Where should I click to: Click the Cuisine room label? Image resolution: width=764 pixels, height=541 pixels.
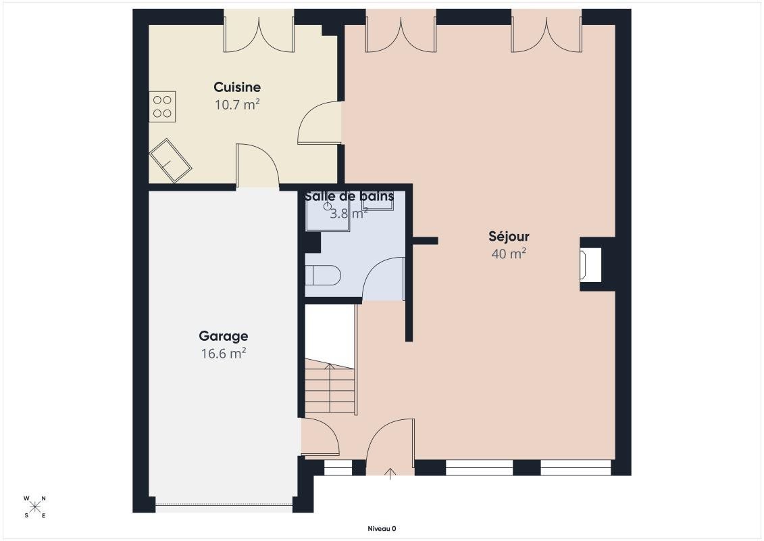point(237,87)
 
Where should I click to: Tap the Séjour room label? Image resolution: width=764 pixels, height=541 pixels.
point(509,236)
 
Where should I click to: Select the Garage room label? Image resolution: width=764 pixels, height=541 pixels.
point(223,336)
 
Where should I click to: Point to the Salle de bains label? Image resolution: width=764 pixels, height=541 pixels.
point(349,197)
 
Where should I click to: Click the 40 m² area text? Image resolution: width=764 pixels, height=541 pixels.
point(509,254)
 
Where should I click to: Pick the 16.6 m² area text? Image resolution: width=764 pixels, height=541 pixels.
point(223,353)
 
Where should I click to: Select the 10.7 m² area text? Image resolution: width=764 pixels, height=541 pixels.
point(237,104)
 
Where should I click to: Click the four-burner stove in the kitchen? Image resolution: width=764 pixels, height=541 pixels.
point(162,107)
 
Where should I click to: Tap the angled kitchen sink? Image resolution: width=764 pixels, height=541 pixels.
point(170,160)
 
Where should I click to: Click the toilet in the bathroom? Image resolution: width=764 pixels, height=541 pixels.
point(323,276)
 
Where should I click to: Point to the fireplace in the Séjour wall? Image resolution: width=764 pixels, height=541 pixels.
point(590,264)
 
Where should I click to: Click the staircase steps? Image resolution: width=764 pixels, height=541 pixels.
point(330,387)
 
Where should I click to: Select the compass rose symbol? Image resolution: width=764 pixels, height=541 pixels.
point(34,507)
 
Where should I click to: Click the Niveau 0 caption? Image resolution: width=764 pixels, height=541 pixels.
point(382,528)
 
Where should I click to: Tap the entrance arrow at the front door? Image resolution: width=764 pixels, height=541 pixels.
point(390,473)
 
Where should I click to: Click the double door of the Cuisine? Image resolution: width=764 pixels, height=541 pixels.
point(259,33)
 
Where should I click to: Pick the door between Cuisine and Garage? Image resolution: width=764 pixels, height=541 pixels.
point(258,166)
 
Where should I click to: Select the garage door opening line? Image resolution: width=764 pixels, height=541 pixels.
point(224,505)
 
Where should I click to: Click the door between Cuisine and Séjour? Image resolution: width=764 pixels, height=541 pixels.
point(319,123)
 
